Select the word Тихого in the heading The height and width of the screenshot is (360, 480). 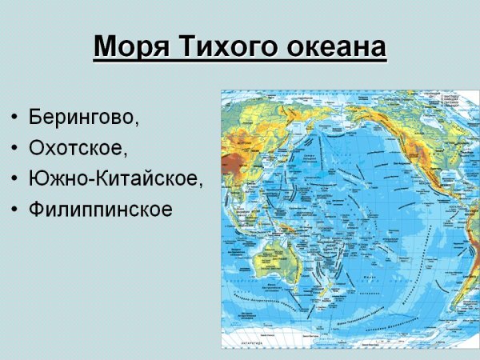[x=222, y=48]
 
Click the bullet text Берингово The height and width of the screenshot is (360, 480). [x=83, y=116]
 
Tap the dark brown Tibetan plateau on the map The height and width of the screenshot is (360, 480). [x=234, y=163]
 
